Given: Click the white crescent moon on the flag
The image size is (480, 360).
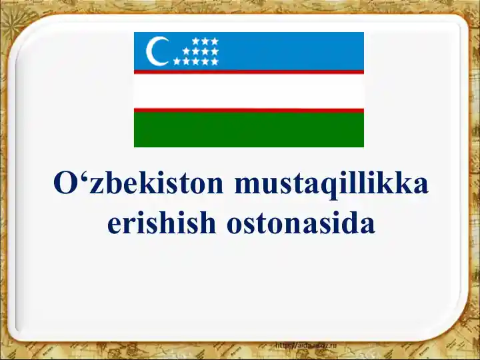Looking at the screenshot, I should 156,51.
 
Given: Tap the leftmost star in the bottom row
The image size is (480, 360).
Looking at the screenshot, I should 177,61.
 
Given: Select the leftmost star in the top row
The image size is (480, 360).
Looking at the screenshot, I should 196,41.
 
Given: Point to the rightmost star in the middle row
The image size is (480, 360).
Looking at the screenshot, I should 215,51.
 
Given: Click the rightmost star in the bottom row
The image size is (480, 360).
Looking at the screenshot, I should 215,61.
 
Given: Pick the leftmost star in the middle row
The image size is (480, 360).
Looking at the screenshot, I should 186,51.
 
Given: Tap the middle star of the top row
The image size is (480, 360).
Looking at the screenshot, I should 205,41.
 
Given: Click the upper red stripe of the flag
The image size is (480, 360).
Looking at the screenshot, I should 249,72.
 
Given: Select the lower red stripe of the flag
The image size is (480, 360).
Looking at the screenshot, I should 249,110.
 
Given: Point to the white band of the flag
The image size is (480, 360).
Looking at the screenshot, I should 249,91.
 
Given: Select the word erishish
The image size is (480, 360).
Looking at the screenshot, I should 162,223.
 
